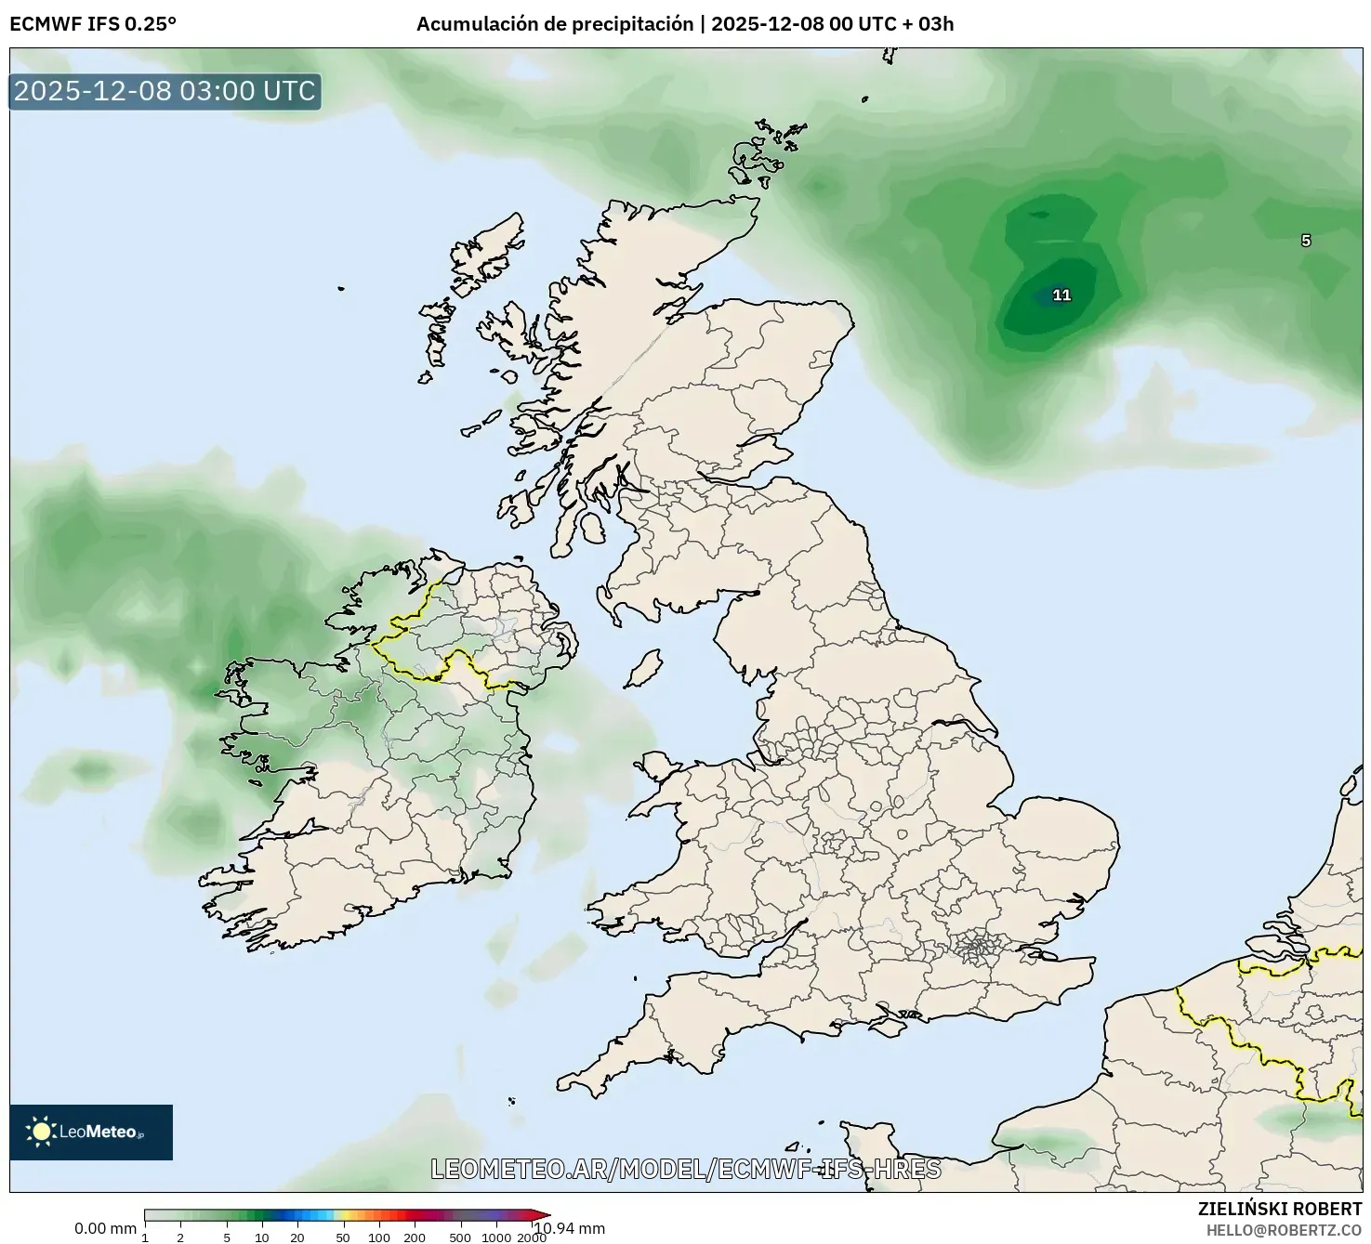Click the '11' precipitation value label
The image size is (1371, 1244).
[1061, 295]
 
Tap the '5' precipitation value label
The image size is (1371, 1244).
[1306, 241]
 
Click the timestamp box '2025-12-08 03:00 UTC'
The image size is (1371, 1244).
[165, 91]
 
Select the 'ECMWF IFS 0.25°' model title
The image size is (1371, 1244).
[93, 24]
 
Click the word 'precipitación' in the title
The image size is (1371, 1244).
[636, 24]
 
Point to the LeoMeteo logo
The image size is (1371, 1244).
[91, 1132]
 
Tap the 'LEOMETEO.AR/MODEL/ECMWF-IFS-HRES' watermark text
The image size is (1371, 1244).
[686, 1169]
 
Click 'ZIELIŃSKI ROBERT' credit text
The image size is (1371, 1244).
[1280, 1210]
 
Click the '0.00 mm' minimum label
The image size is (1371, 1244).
[105, 1229]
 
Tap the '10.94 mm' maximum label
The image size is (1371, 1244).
[569, 1229]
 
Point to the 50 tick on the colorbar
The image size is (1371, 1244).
[343, 1237]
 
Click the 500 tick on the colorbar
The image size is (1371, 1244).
[459, 1237]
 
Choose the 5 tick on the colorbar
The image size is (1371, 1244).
[227, 1237]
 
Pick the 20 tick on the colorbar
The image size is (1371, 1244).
[297, 1237]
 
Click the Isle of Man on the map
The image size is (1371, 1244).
[642, 669]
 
